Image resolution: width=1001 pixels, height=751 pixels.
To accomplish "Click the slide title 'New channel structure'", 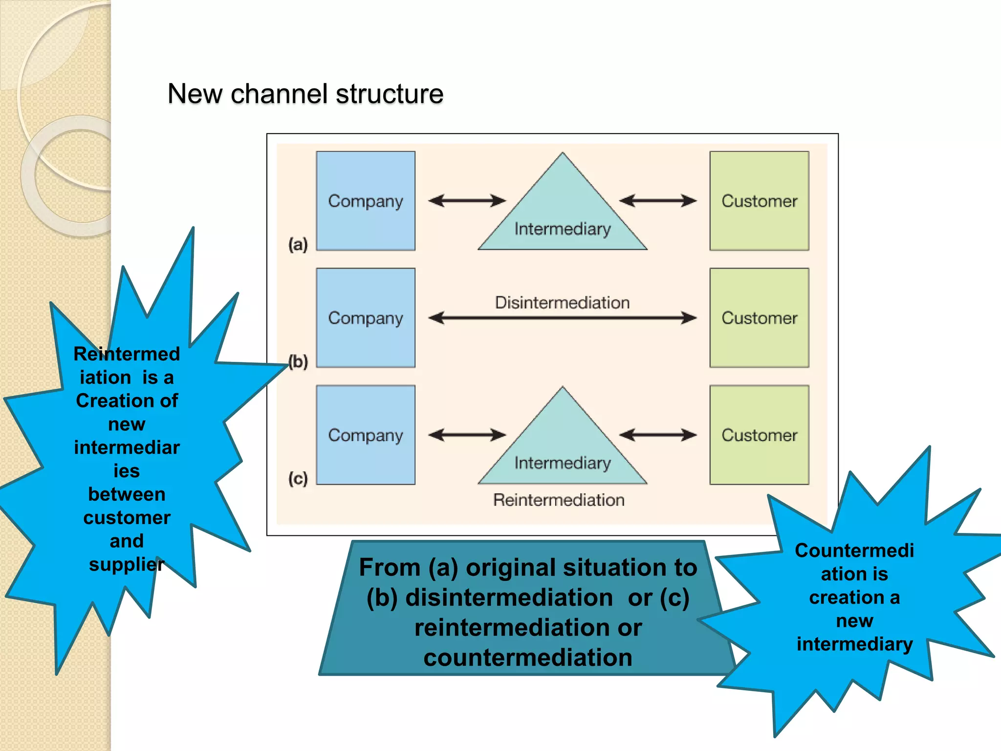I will [305, 93].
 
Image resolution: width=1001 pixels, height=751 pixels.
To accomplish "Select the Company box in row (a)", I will [366, 201].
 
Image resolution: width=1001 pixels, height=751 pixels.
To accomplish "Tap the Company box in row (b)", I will [366, 318].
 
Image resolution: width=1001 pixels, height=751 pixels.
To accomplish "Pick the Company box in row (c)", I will [366, 435].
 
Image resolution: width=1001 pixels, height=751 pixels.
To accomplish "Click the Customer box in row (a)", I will [759, 201].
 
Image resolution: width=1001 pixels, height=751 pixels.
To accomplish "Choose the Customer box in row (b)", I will [759, 318].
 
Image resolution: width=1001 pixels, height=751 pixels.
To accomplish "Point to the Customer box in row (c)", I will [759, 435].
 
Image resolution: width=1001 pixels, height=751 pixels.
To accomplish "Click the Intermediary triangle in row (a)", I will [563, 215].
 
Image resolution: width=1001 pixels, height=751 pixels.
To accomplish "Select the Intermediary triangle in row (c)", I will [563, 450].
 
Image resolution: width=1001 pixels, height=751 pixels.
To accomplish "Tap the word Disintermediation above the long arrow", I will [562, 303].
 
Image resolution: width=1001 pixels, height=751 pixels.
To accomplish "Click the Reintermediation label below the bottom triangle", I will [559, 500].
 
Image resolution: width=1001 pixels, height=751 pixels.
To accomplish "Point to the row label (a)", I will [298, 244].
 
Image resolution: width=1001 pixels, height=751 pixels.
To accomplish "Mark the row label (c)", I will [298, 478].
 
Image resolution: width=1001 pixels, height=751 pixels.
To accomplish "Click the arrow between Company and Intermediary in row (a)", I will [467, 200].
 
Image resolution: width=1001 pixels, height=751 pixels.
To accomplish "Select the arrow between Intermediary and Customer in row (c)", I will [657, 435].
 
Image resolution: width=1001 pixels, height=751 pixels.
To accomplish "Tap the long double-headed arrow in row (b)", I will [562, 318].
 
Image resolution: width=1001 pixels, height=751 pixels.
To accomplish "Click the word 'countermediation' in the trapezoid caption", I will [528, 657].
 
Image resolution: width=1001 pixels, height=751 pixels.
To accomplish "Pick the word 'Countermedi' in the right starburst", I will [854, 551].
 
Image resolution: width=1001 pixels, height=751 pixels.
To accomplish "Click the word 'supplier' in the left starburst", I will [126, 564].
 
